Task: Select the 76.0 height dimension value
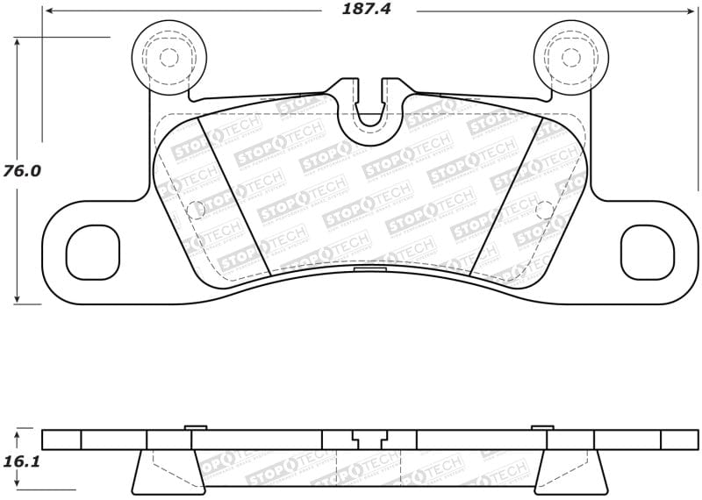click(23, 171)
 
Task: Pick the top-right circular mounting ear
click(569, 57)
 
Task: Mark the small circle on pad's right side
click(543, 209)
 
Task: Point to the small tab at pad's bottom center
click(369, 269)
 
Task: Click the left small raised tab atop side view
click(196, 427)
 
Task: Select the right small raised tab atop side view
click(542, 427)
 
